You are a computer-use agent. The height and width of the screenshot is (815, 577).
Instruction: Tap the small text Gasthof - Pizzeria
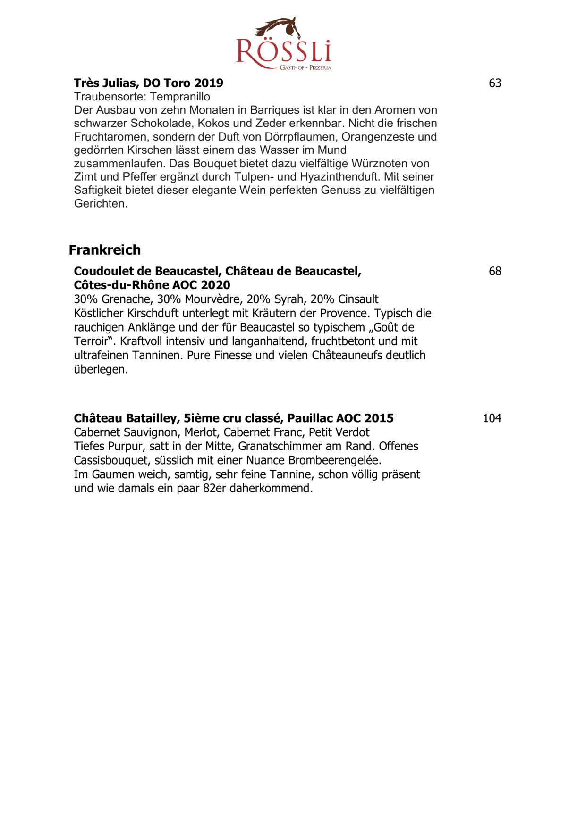tap(305, 68)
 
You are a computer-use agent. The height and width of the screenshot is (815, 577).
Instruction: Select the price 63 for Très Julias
tap(495, 83)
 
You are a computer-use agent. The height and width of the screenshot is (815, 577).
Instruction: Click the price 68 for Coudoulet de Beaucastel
tap(495, 272)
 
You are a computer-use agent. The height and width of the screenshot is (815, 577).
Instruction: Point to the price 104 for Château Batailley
tap(492, 418)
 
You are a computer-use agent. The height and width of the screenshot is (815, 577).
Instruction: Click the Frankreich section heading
tap(105, 250)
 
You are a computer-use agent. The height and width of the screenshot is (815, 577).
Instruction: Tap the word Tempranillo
tap(180, 97)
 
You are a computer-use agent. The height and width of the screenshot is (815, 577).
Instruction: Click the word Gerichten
tap(101, 204)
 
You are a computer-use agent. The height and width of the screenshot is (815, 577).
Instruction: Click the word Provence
tap(346, 314)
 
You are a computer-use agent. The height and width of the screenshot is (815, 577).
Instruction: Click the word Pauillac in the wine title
tap(310, 418)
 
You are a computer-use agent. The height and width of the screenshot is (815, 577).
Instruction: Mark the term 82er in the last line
tap(214, 489)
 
